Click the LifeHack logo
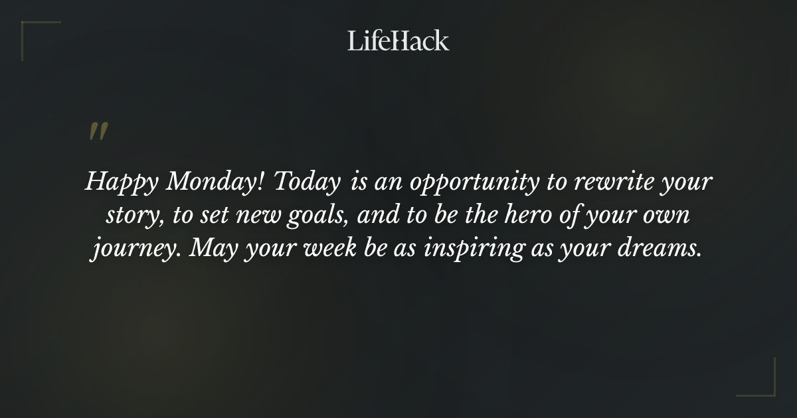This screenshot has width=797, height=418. [398, 40]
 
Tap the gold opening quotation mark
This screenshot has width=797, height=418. [98, 131]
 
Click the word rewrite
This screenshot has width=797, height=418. [606, 182]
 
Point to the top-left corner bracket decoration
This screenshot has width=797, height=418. [31, 31]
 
